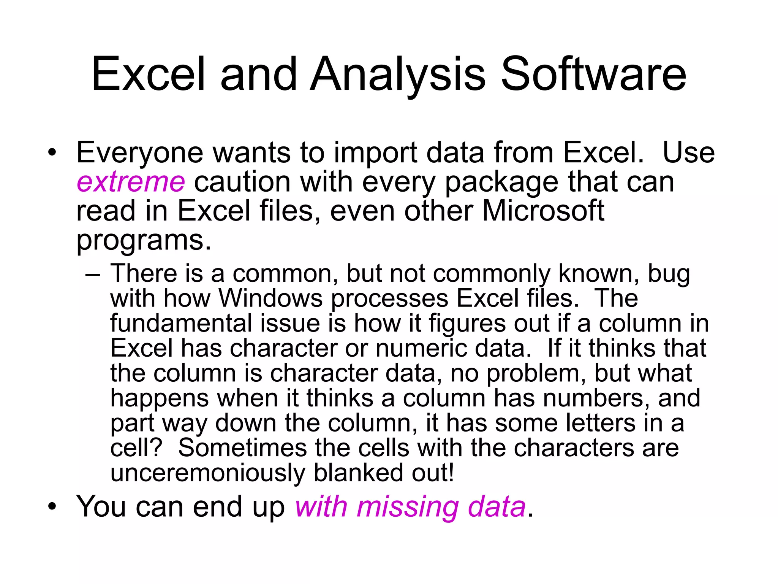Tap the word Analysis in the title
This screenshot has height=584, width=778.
(398, 75)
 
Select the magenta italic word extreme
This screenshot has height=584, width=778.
(131, 182)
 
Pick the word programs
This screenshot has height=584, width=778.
(144, 241)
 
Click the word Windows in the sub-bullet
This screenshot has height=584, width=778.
(271, 298)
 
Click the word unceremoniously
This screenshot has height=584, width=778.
(207, 473)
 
